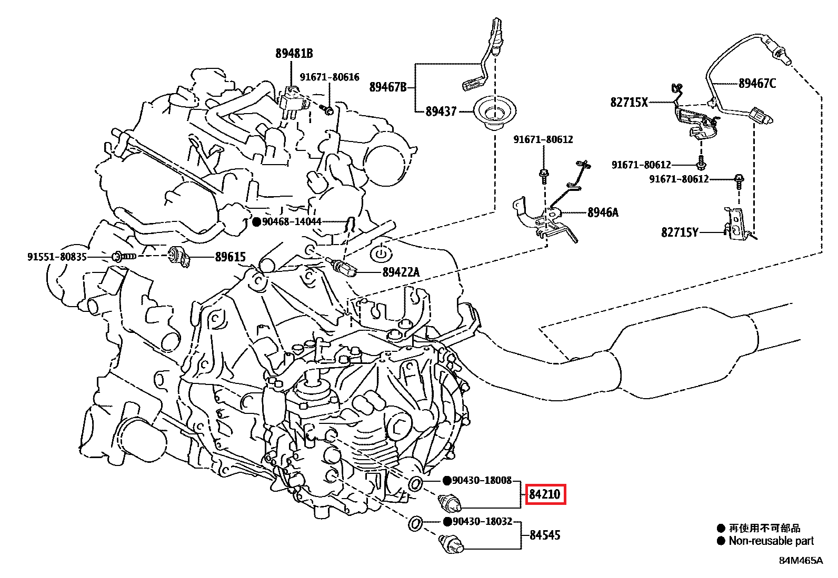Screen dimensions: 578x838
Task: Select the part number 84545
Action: pyautogui.click(x=545, y=535)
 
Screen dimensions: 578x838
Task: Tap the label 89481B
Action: pyautogui.click(x=294, y=53)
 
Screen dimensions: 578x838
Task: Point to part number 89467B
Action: pyautogui.click(x=387, y=87)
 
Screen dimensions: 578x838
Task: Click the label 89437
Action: pyautogui.click(x=441, y=111)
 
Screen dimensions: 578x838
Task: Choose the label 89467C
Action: pyautogui.click(x=757, y=83)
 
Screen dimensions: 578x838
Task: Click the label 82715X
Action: pyautogui.click(x=629, y=102)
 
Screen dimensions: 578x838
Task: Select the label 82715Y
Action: pyautogui.click(x=680, y=232)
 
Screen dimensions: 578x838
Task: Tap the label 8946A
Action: pyautogui.click(x=603, y=212)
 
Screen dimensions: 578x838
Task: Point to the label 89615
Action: pyautogui.click(x=230, y=257)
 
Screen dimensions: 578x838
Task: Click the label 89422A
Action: pyautogui.click(x=401, y=272)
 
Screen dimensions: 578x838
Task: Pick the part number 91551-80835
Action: pyautogui.click(x=57, y=257)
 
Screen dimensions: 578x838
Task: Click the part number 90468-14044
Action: pyautogui.click(x=292, y=222)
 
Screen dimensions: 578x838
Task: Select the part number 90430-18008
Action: pyautogui.click(x=482, y=480)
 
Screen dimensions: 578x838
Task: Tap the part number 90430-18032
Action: pyautogui.click(x=482, y=522)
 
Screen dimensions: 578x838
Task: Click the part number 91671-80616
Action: pyautogui.click(x=330, y=77)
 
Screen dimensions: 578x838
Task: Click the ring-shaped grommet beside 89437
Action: pyautogui.click(x=494, y=112)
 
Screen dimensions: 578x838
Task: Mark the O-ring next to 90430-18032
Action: pyautogui.click(x=415, y=524)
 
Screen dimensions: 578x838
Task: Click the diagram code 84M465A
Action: pyautogui.click(x=801, y=561)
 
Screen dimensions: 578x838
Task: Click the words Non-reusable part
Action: pyautogui.click(x=771, y=541)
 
